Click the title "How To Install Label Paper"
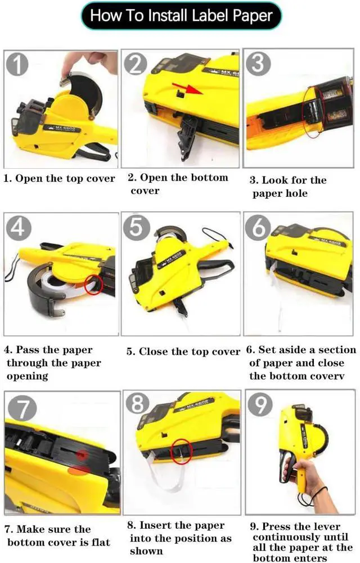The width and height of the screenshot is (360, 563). click(181, 15)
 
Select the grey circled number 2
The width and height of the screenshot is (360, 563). click(136, 64)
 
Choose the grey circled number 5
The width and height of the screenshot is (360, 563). click(136, 227)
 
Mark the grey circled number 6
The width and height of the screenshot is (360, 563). click(258, 227)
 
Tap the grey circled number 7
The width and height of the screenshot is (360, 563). click(22, 408)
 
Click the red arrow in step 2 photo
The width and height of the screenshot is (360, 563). click(187, 89)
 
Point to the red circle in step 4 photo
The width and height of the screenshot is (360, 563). click(94, 285)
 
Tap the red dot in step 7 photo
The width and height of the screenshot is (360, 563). click(82, 455)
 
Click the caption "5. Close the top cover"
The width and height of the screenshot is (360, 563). click(183, 352)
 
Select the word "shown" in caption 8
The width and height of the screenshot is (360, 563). click(146, 551)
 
